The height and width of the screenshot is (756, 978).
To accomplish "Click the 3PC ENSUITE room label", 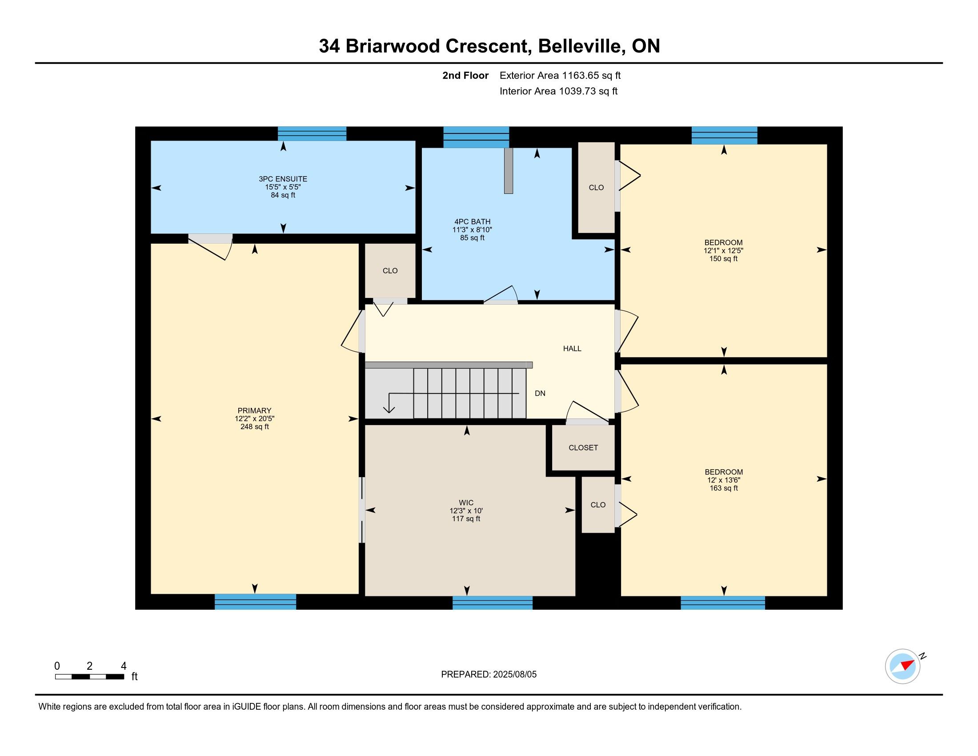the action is tap(283, 179).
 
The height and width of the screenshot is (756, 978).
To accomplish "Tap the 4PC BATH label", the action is tap(472, 222).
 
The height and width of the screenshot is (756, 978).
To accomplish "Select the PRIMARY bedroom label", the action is tap(254, 411).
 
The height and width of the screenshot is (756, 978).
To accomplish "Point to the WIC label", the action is tap(466, 503).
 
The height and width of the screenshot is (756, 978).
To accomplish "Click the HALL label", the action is tap(572, 349).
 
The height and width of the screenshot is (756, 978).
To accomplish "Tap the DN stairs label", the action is tap(540, 393).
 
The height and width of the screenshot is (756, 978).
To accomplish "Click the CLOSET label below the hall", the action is tap(583, 447).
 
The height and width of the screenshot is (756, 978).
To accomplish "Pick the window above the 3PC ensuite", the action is tap(312, 133).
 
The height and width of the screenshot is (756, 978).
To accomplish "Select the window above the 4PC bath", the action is tap(476, 137).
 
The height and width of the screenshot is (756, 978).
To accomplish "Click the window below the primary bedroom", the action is tap(255, 602).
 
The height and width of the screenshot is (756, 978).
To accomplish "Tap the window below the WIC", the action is tap(493, 603).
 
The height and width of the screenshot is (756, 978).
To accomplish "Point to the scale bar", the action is tap(89, 677).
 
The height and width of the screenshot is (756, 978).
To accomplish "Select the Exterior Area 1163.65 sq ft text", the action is tap(560, 75).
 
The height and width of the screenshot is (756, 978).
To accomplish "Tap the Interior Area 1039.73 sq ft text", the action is tap(558, 91).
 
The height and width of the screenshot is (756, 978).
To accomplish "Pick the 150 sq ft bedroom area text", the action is tap(723, 259).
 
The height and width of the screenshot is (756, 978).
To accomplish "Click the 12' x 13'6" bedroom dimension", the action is tap(724, 480).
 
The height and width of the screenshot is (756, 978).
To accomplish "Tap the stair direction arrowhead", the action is tap(389, 409).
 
